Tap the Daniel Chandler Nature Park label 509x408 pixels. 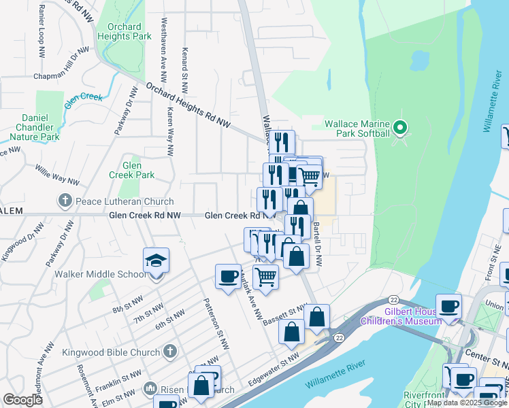(37, 127)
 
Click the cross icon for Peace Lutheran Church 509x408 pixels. (65, 201)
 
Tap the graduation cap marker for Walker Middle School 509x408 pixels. (156, 261)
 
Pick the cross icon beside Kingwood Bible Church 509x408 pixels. (170, 352)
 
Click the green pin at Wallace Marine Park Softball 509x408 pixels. (401, 127)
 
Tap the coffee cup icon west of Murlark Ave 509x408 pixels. (227, 275)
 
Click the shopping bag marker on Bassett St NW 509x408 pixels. (317, 317)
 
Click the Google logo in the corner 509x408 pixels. (22, 400)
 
